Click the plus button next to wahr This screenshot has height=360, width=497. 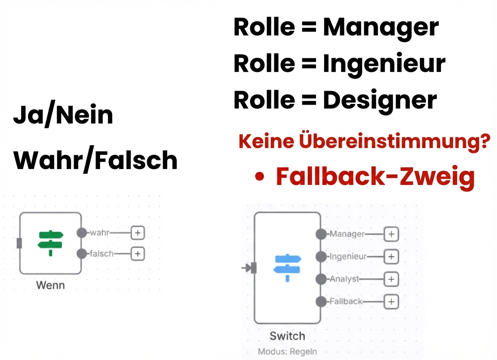coord(138,233)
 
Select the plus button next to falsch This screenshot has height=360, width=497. coord(138,254)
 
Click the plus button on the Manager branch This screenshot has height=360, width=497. coord(391,234)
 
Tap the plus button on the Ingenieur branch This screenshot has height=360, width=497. coord(391,256)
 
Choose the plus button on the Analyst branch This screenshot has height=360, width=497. coord(391,279)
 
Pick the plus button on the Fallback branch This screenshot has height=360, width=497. coord(391,301)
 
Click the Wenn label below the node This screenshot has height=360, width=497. coord(50,285)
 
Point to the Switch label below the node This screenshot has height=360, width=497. coord(287,336)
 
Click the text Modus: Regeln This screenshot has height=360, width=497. coord(287,351)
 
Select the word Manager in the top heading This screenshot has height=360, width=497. coord(381,27)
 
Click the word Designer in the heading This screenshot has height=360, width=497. coord(380,100)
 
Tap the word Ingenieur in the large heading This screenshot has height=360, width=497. coord(384,63)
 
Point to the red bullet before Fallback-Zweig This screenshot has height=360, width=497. coord(259,177)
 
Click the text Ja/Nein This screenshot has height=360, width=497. coord(63,116)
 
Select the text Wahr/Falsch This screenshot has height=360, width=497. coord(95,160)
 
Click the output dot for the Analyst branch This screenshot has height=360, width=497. coord(321,279)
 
